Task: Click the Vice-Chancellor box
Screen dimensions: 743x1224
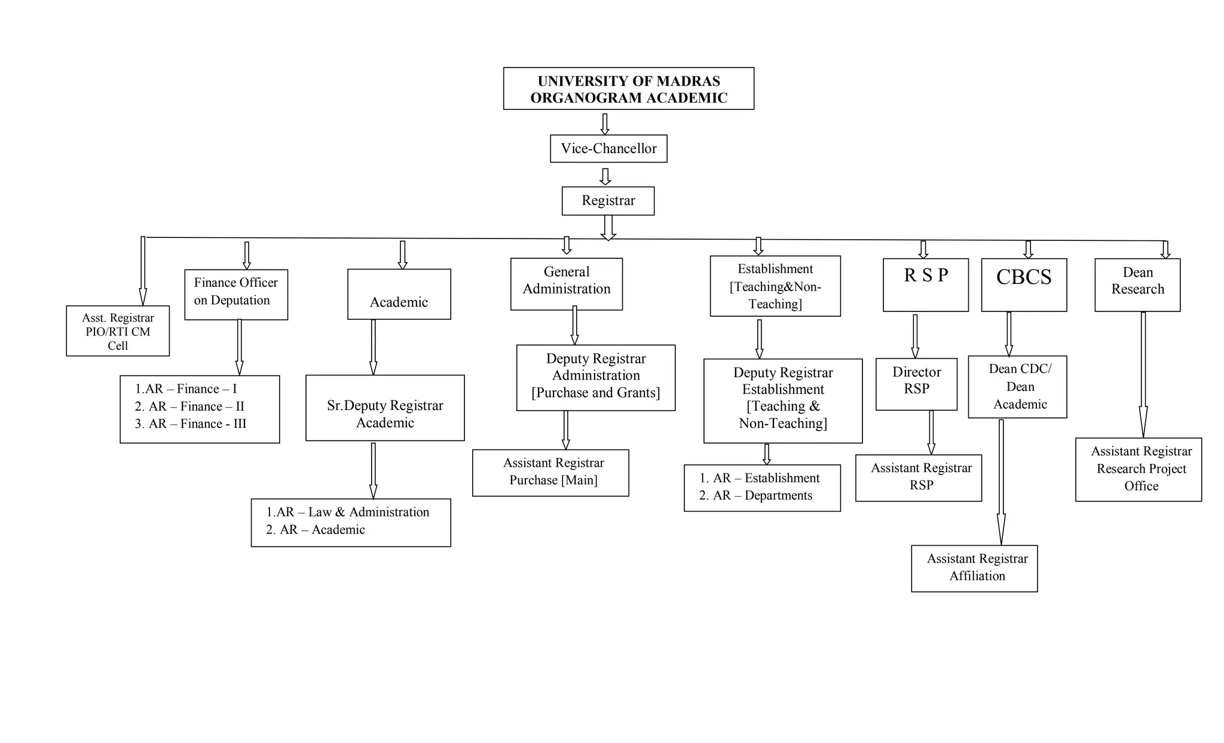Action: (608, 149)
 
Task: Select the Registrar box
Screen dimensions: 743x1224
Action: (608, 201)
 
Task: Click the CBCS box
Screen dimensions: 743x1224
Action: (1024, 285)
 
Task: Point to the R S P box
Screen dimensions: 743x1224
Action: (925, 285)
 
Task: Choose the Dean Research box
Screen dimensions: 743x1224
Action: (1137, 285)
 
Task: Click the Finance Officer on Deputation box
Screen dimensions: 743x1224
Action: (236, 294)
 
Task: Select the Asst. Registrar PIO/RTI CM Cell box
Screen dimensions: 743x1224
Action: (118, 331)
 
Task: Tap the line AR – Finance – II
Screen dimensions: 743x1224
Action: (189, 406)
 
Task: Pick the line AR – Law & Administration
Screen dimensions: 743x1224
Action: (348, 512)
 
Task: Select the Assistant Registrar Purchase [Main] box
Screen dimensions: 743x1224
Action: (550, 472)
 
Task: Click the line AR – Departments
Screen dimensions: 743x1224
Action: (756, 496)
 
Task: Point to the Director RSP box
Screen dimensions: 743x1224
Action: (916, 384)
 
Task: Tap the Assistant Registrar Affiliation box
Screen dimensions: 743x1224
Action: (974, 568)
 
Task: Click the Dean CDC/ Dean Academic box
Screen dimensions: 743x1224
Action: (1017, 387)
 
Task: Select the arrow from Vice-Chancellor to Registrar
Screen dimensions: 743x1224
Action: (605, 176)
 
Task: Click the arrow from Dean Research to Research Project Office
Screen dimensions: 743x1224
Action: (1143, 374)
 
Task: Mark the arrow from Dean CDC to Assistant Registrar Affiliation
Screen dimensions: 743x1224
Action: (1001, 481)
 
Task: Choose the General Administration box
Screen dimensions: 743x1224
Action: (566, 284)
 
